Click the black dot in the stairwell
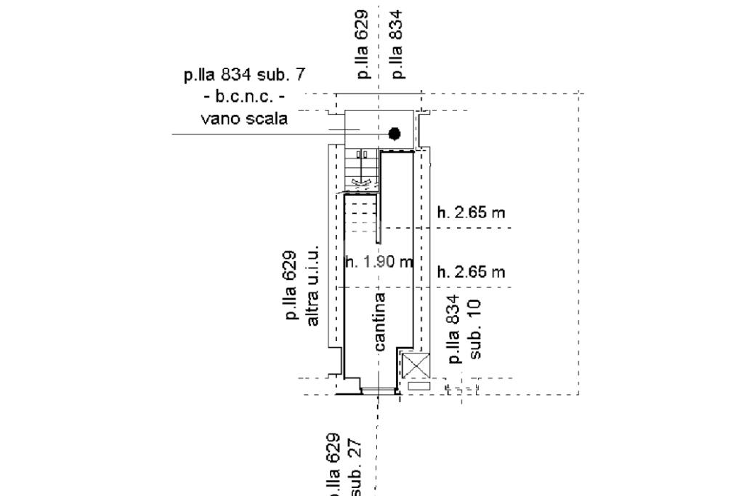pyautogui.click(x=395, y=133)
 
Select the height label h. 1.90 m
pyautogui.click(x=379, y=262)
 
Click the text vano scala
pyautogui.click(x=243, y=119)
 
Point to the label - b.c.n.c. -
pyautogui.click(x=244, y=96)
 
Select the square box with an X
pyautogui.click(x=416, y=365)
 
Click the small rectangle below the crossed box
pyautogui.click(x=418, y=386)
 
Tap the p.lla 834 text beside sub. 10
pyautogui.click(x=456, y=329)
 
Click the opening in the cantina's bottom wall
pyautogui.click(x=379, y=391)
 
